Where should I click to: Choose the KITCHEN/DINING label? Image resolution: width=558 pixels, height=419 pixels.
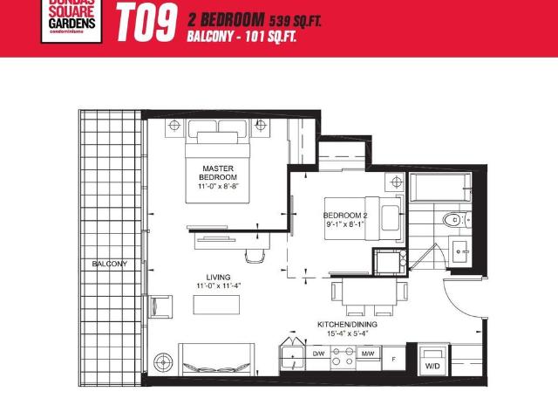click(x=347, y=323)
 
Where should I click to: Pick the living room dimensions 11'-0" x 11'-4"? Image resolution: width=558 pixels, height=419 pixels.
click(x=207, y=285)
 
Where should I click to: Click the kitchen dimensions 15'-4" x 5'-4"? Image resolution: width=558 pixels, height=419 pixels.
click(x=347, y=333)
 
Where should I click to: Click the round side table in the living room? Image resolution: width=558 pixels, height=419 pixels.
click(x=163, y=360)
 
